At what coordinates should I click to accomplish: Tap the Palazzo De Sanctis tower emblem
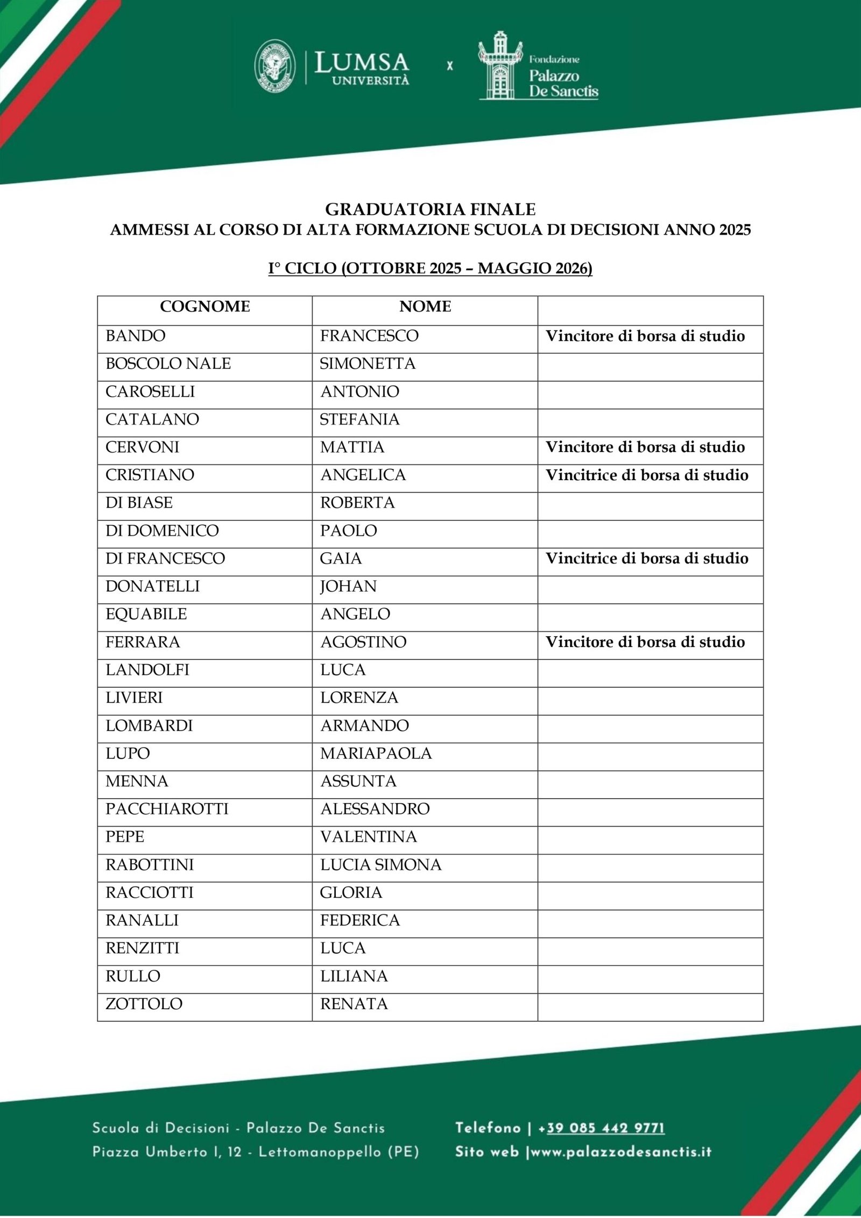500,66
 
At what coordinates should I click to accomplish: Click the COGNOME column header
204,307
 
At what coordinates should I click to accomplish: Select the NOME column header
425,307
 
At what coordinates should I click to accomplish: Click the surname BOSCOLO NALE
168,364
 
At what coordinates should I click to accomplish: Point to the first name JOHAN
348,586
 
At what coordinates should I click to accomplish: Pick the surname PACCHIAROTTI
167,809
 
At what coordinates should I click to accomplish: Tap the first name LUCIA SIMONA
380,864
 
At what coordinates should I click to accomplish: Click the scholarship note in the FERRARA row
645,642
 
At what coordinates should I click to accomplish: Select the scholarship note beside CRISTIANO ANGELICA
647,475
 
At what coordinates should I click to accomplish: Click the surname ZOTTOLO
144,1004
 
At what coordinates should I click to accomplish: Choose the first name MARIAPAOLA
376,753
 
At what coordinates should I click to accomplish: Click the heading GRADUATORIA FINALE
430,209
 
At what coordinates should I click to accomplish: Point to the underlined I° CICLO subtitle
430,268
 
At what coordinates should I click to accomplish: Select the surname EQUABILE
146,614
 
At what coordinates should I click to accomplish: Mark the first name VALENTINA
368,836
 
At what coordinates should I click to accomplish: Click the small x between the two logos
450,66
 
